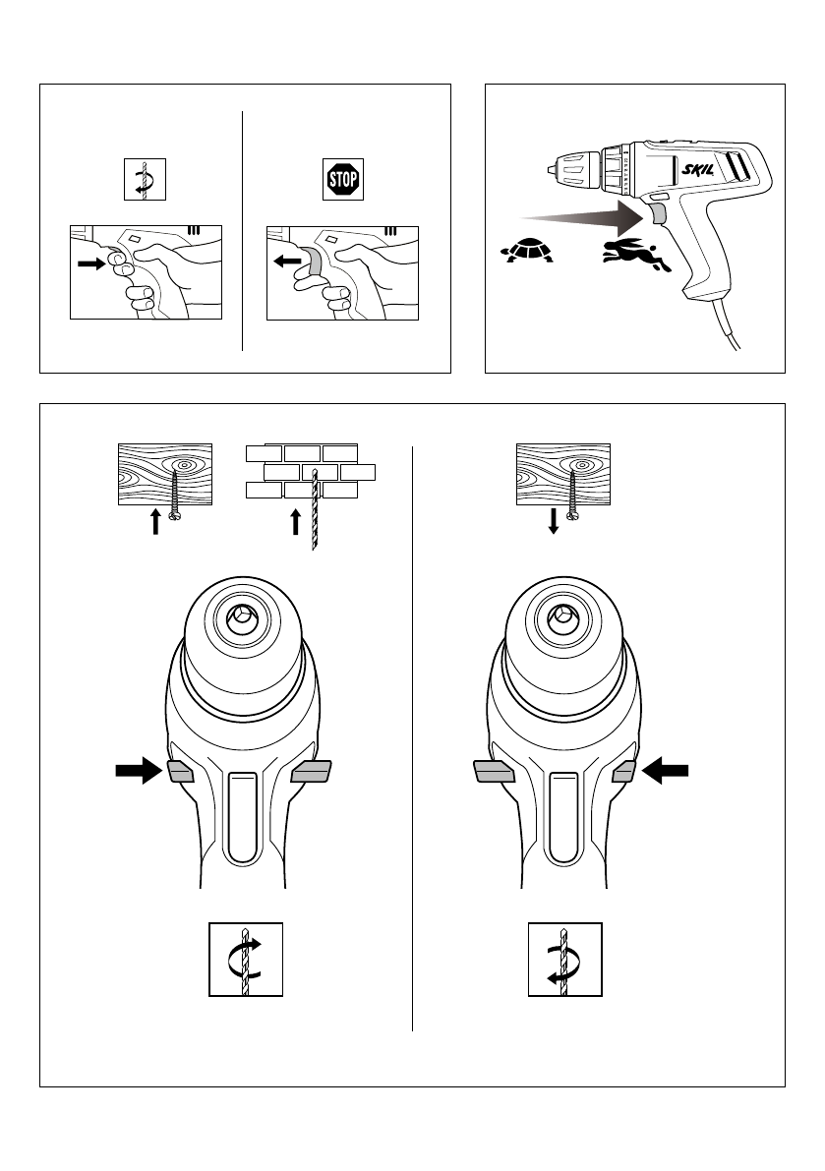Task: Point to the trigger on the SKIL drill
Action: pyautogui.click(x=656, y=214)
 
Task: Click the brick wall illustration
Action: pyautogui.click(x=310, y=471)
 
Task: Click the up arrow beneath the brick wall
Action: pyautogui.click(x=295, y=521)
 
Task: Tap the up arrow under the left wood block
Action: pyautogui.click(x=155, y=521)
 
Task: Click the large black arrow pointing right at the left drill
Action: pyautogui.click(x=137, y=771)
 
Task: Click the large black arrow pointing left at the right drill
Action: pyautogui.click(x=666, y=773)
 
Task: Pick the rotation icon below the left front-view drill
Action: pyautogui.click(x=246, y=960)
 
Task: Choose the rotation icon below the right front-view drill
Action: pyautogui.click(x=564, y=960)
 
